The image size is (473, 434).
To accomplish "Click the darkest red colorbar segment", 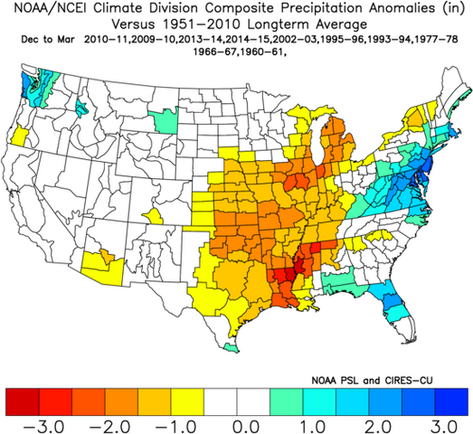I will pyautogui.click(x=20, y=399).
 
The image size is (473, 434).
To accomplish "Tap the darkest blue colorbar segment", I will pyautogui.click(x=451, y=399).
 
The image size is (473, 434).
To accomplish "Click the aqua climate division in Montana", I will pyautogui.click(x=166, y=119).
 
